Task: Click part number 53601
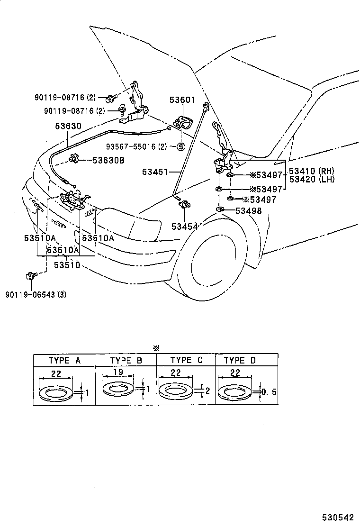tap(182, 100)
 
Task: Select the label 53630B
tap(108, 161)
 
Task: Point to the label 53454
tap(184, 227)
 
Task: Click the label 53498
tap(249, 211)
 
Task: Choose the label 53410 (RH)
tap(311, 171)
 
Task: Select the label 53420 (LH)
tap(311, 179)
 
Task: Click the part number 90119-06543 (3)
tap(36, 294)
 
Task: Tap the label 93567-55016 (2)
tap(136, 146)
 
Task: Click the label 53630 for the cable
tap(68, 127)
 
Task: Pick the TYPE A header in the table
tap(64, 360)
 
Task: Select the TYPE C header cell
tap(186, 360)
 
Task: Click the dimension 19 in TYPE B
tap(118, 373)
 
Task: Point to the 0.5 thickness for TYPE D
tap(269, 392)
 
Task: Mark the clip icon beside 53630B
tap(74, 159)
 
